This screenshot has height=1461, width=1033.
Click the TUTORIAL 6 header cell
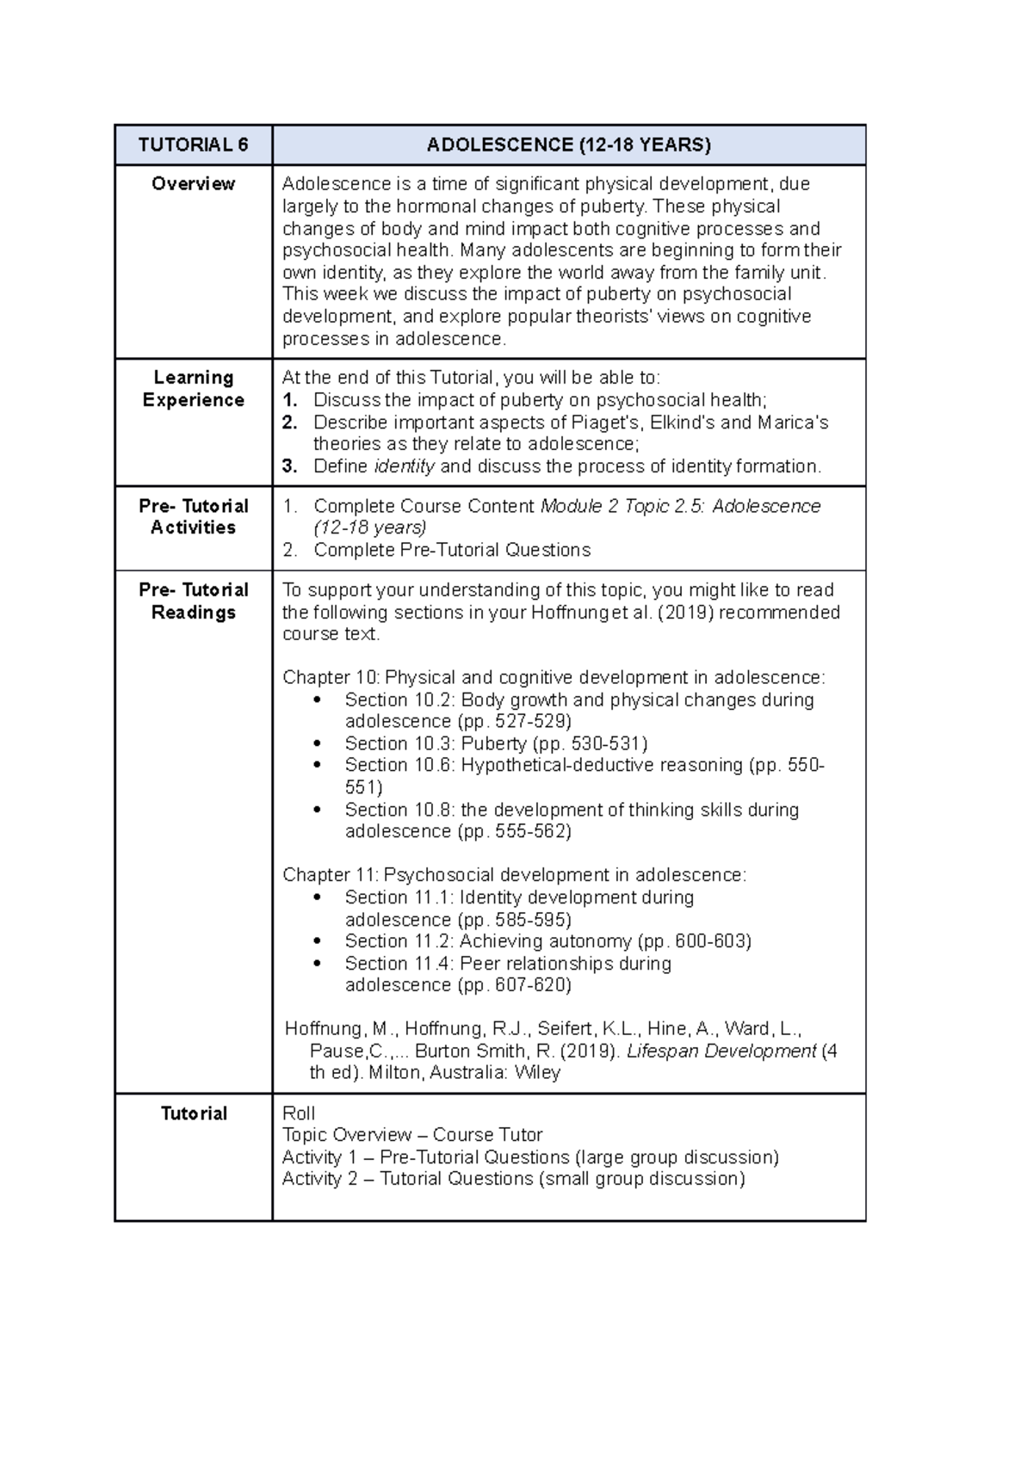click(193, 145)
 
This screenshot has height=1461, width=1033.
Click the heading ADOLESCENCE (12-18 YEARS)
click(568, 145)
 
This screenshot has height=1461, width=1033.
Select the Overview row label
click(193, 183)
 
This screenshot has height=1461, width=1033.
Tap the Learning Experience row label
click(193, 389)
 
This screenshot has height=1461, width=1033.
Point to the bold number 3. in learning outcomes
click(290, 466)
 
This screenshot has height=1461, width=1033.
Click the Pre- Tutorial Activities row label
click(193, 516)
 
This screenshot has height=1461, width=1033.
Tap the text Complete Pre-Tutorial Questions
click(452, 550)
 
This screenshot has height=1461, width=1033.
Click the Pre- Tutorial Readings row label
click(193, 601)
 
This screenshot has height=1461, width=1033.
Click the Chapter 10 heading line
click(554, 677)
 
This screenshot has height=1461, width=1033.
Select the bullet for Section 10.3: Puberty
click(319, 743)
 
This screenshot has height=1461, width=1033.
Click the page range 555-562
click(533, 831)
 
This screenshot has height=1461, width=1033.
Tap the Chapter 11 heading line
click(514, 875)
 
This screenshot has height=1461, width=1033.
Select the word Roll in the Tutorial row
click(299, 1113)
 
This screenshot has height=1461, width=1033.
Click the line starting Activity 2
click(513, 1179)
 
